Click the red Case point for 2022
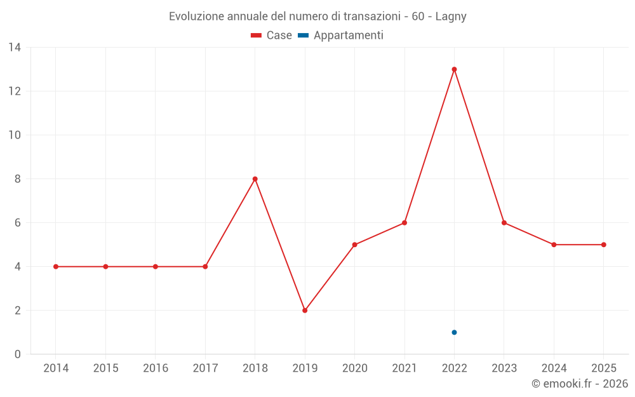[454, 69]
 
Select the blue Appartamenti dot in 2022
[454, 332]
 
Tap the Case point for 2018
[255, 179]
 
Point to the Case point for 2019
[305, 311]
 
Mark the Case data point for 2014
[56, 267]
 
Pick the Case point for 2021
[404, 223]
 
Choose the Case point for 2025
[603, 245]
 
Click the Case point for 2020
[354, 245]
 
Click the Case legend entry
[272, 36]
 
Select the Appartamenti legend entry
[341, 36]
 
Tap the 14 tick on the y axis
[15, 47]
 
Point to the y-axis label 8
[18, 179]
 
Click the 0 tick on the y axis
[18, 354]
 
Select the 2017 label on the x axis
[205, 368]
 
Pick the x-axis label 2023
[504, 368]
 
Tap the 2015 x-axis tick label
[105, 368]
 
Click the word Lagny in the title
[451, 17]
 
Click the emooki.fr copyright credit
[579, 384]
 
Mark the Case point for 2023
[504, 223]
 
